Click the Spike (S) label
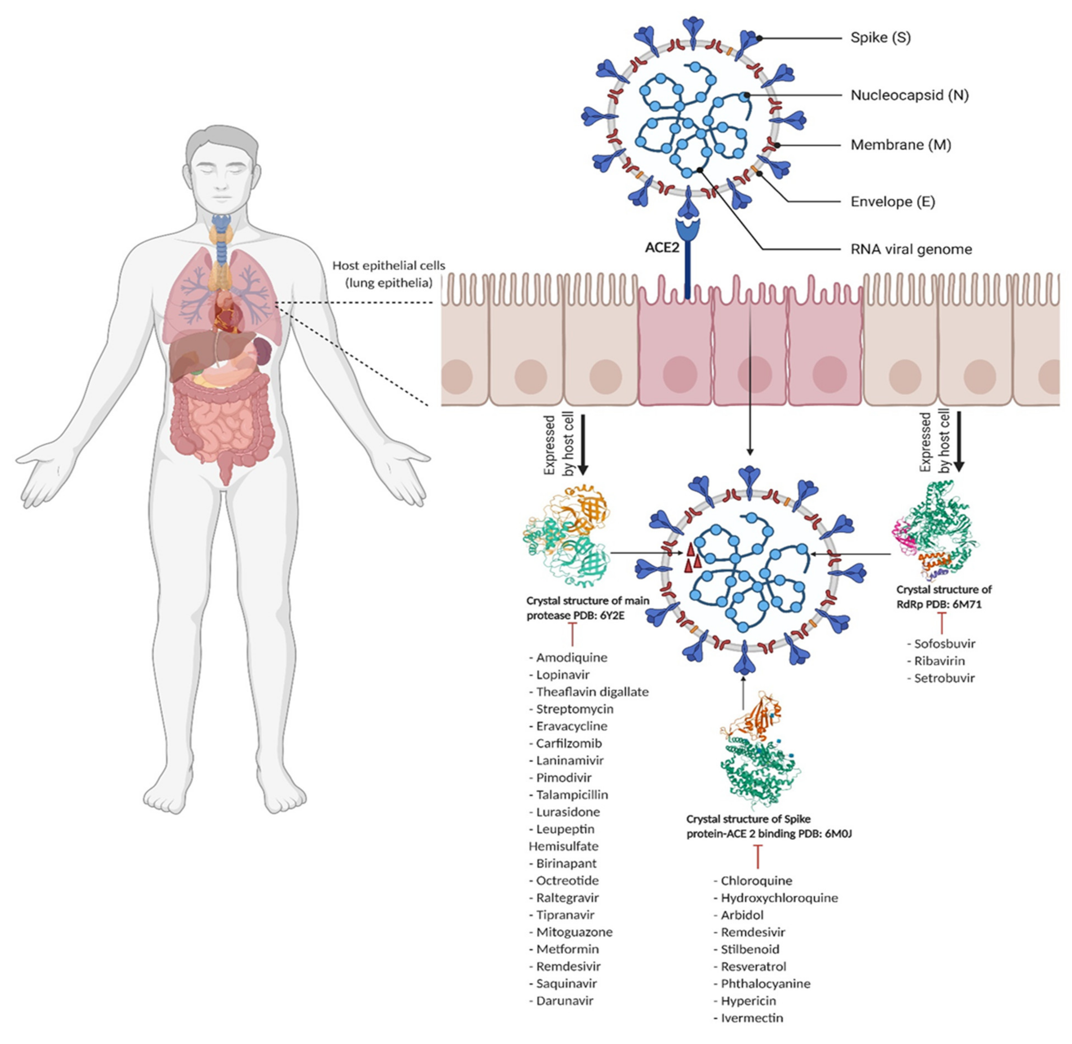[880, 38]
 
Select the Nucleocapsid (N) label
[909, 95]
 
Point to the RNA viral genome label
[911, 249]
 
